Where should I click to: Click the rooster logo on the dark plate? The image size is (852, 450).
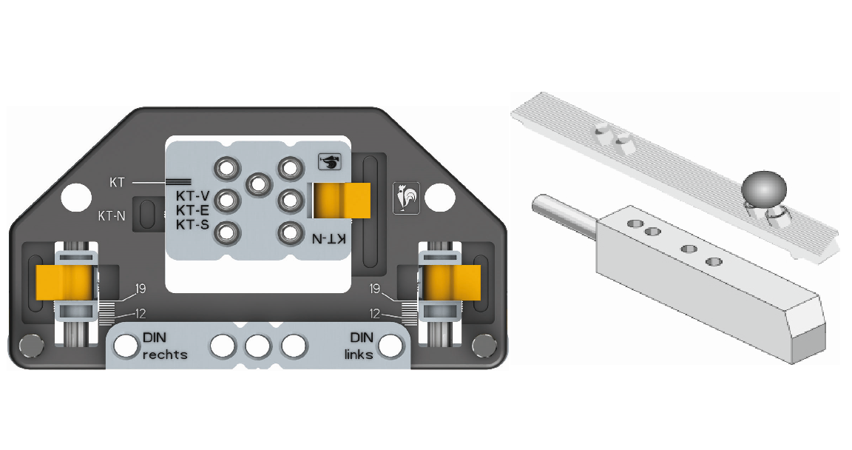[406, 198]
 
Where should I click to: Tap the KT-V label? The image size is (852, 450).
[192, 195]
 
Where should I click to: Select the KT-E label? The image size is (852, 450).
[192, 210]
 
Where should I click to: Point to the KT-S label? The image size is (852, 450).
[192, 224]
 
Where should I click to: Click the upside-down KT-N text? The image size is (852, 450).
[328, 238]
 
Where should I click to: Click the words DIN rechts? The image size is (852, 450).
[165, 346]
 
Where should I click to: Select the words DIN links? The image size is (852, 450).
[359, 346]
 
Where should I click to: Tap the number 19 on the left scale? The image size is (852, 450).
[141, 289]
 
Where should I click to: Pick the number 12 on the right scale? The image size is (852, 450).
[375, 314]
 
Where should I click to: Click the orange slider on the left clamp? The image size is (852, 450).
[64, 283]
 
